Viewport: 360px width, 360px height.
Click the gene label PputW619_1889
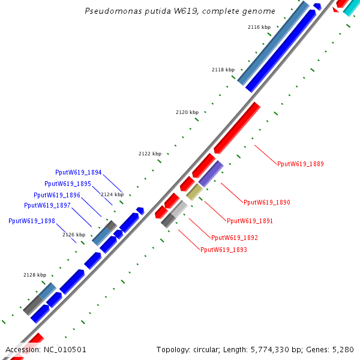click(x=301, y=164)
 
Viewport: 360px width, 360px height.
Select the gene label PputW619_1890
click(x=267, y=203)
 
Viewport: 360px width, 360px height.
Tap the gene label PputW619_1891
click(x=250, y=221)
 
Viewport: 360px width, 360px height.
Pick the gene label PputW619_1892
click(x=235, y=238)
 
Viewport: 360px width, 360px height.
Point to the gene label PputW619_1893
click(x=224, y=250)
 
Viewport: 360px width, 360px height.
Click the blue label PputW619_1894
click(x=79, y=172)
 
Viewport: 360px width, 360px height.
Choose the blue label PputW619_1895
click(x=68, y=184)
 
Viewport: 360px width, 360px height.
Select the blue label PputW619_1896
click(x=57, y=195)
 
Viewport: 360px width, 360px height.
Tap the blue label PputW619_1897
click(x=47, y=205)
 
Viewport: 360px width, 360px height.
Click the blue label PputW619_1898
click(x=32, y=221)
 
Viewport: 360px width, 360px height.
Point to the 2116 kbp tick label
click(x=259, y=28)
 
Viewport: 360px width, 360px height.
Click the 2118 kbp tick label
click(x=223, y=70)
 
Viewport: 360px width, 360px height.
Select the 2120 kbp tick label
click(x=187, y=113)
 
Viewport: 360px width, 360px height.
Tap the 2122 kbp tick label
click(x=150, y=154)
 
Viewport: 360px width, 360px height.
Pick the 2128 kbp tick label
click(x=35, y=275)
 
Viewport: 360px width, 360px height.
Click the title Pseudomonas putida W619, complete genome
click(x=180, y=11)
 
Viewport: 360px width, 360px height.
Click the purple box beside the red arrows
click(x=211, y=173)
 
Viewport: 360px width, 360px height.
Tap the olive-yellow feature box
click(x=194, y=192)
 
